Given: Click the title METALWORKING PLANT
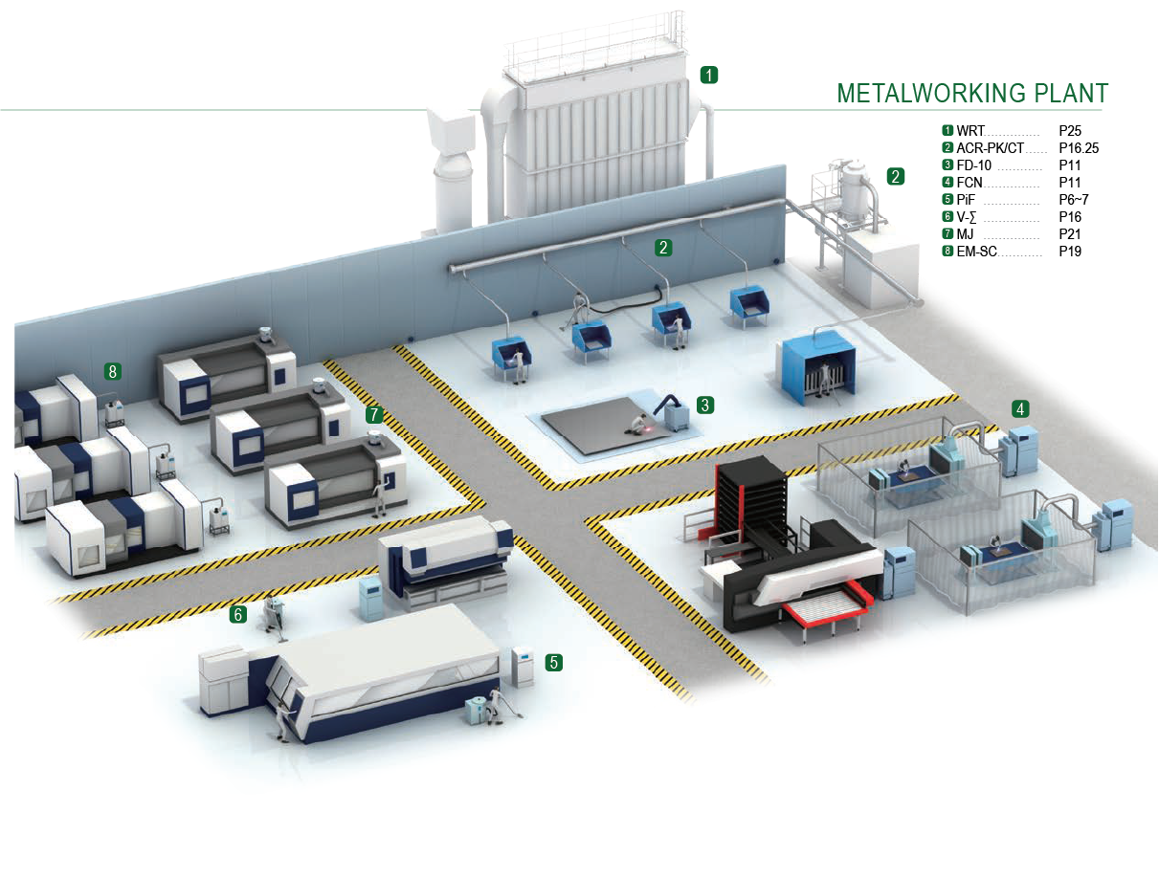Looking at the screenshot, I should (x=972, y=93).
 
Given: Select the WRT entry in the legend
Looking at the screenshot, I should (x=971, y=130).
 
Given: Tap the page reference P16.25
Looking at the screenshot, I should (x=1079, y=148).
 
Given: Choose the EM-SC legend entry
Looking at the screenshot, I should (x=977, y=252).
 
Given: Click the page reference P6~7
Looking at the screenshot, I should (x=1073, y=200).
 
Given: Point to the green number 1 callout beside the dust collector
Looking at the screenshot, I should (x=708, y=74).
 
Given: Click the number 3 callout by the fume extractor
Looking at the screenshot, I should (x=705, y=405).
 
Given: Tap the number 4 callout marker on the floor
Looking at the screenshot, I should (x=1022, y=409).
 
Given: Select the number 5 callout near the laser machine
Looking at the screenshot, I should (x=553, y=661).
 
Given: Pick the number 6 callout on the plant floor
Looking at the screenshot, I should (x=237, y=614).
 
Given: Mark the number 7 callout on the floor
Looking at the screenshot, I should (x=374, y=414).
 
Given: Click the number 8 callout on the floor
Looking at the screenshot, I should (x=113, y=371).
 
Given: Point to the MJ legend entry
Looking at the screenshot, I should (x=968, y=234).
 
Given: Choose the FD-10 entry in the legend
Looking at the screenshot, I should (x=973, y=165).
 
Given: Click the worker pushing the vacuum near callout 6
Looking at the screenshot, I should (x=276, y=612).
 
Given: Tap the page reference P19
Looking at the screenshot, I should (x=1069, y=252).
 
